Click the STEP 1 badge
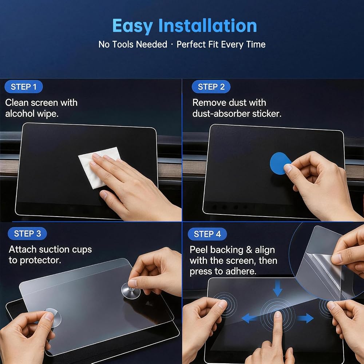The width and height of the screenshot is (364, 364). (x=24, y=87)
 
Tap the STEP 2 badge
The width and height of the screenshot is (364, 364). (x=211, y=87)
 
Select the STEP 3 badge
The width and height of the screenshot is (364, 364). (x=27, y=234)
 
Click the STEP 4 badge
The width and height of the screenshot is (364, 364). (x=207, y=234)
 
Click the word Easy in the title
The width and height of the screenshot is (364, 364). (x=132, y=26)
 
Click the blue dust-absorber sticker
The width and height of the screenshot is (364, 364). (x=280, y=163)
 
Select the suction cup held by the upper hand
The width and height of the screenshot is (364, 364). (x=131, y=290)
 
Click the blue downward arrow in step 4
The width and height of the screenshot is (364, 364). (x=277, y=288)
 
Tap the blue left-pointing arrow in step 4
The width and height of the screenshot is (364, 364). (x=249, y=318)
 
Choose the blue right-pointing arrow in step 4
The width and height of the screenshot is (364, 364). (x=306, y=318)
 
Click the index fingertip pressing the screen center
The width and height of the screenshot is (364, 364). (x=278, y=314)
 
